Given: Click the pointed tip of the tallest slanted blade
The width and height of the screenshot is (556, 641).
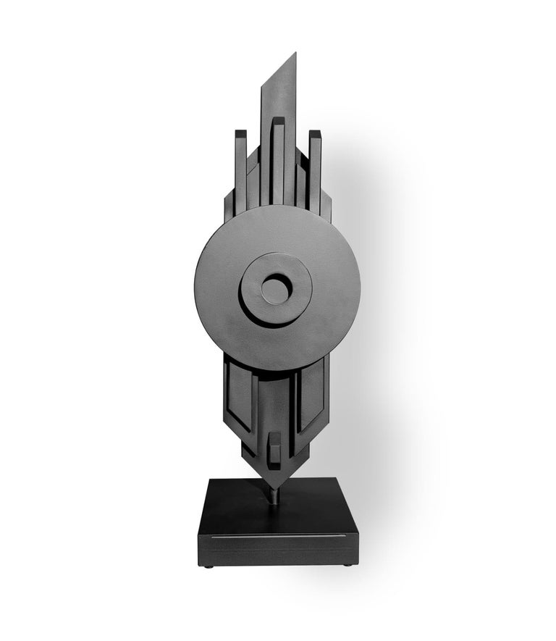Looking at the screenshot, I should point(294,54).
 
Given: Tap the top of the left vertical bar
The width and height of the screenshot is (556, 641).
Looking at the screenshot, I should point(240,133).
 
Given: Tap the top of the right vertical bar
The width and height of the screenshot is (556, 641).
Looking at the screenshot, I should point(315,133).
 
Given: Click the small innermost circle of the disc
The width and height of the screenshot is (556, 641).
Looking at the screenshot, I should point(276,289).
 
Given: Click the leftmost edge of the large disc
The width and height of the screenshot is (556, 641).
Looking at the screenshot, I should point(195,288).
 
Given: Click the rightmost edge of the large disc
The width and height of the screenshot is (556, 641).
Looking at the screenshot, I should point(360,288).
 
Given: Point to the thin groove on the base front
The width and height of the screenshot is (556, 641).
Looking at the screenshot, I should point(275,537).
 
